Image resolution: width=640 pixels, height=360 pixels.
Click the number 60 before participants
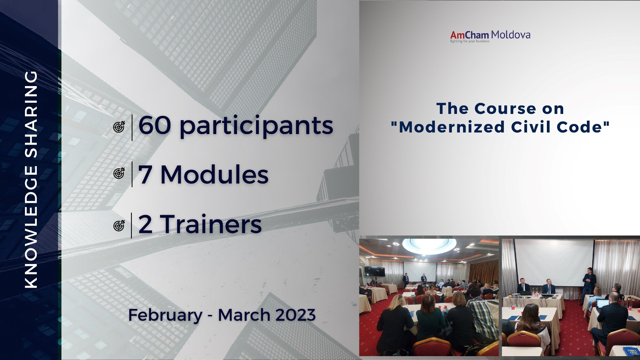155,125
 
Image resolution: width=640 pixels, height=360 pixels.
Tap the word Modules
214,175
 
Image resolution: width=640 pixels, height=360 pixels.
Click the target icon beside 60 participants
119,127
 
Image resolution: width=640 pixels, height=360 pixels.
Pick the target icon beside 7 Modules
119,173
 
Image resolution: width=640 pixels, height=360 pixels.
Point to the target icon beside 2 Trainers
119,226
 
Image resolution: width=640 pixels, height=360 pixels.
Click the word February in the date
165,316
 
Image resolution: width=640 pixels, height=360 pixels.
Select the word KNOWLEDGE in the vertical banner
31,226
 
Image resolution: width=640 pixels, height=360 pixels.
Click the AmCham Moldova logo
490,36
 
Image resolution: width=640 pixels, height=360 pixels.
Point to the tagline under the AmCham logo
470,41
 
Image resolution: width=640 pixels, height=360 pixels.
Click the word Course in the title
505,109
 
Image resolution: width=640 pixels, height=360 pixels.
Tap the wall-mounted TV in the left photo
375,272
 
